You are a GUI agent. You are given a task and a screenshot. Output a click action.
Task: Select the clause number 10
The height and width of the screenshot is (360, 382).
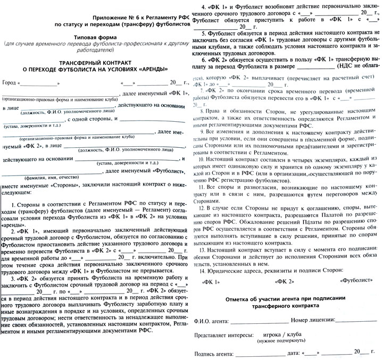(201, 159)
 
